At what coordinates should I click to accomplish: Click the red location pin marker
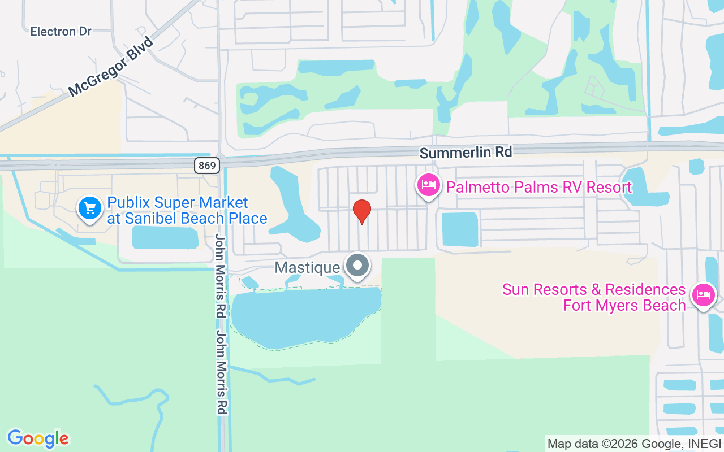(x=362, y=211)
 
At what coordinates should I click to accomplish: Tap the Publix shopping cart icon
(x=89, y=208)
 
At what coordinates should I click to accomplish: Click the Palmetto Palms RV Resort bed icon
(x=429, y=185)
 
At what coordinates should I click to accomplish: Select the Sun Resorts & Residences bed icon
(x=703, y=294)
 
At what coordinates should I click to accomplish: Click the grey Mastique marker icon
(x=357, y=266)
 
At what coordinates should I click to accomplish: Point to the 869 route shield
(x=206, y=166)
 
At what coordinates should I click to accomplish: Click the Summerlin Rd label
(x=466, y=152)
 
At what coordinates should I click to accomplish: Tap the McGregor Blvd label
(x=111, y=67)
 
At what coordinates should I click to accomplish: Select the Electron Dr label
(x=61, y=31)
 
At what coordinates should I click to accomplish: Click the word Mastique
(x=307, y=267)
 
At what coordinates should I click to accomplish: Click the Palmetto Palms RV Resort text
(x=538, y=187)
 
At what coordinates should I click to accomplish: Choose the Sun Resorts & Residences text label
(x=594, y=290)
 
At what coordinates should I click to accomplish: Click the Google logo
(x=38, y=438)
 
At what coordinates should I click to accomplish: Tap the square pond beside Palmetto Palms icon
(x=460, y=229)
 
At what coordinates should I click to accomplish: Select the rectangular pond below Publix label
(x=165, y=238)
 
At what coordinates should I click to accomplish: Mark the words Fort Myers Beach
(x=624, y=306)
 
